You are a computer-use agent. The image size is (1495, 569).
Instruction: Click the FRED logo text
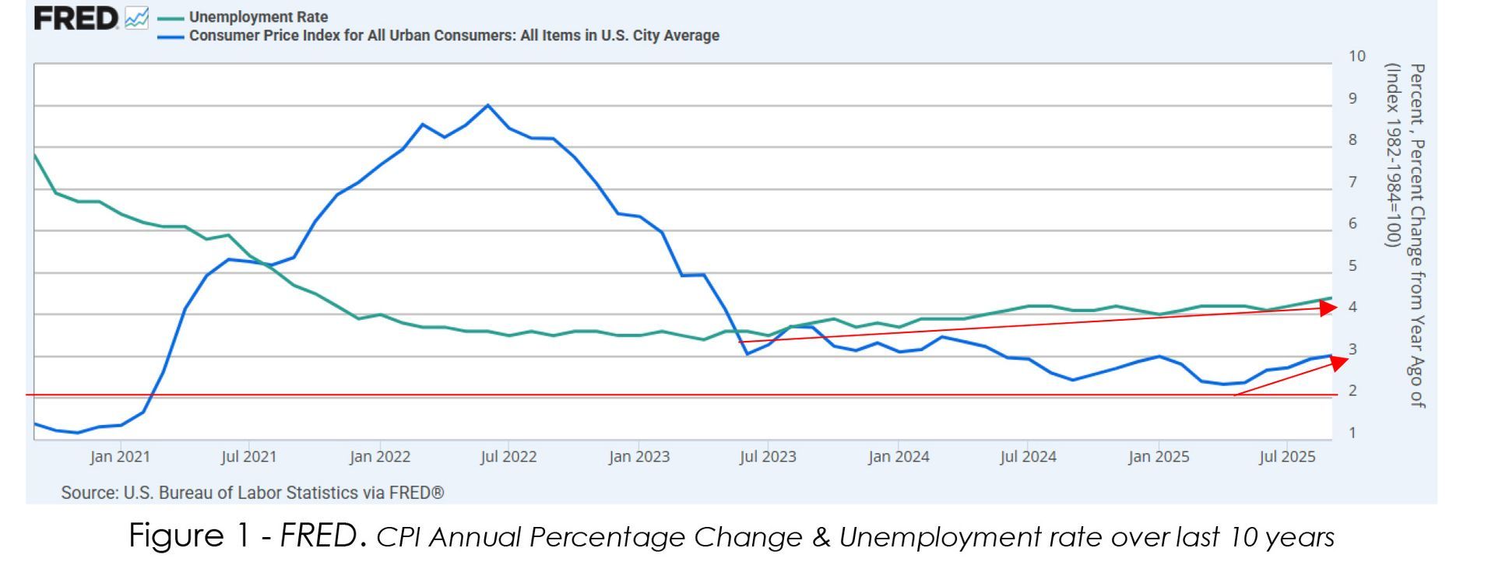tap(76, 18)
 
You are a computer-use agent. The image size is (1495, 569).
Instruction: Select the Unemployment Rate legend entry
tap(258, 16)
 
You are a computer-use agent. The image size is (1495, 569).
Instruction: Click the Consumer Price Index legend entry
tap(453, 36)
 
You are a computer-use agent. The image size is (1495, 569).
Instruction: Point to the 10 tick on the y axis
tap(1357, 56)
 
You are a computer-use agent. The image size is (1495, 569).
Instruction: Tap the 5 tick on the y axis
tap(1353, 265)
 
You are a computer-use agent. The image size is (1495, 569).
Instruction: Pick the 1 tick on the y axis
tap(1353, 433)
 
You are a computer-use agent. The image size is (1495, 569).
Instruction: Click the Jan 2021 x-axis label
tap(119, 457)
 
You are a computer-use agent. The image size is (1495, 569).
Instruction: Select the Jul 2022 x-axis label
tap(508, 457)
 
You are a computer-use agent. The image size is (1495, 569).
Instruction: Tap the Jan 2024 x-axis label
tap(899, 457)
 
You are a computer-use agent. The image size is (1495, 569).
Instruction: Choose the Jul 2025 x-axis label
tap(1287, 457)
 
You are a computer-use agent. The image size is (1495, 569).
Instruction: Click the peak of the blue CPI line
tap(487, 105)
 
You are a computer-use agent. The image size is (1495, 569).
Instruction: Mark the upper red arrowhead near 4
tap(1328, 307)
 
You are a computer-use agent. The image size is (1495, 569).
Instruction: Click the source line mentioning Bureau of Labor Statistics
tap(252, 493)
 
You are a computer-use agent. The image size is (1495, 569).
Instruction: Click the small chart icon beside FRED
tap(136, 18)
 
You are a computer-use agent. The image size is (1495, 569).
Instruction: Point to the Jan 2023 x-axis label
tap(638, 457)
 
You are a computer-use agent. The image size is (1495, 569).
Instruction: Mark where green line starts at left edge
tap(35, 155)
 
